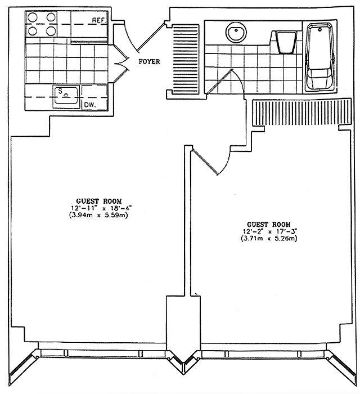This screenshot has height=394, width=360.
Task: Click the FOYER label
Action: point(149,61)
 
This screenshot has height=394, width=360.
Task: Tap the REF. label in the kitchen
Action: point(100,20)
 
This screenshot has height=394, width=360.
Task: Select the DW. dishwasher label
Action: point(90,106)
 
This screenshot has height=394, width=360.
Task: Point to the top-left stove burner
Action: point(33,17)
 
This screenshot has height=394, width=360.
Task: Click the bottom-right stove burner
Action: point(51,31)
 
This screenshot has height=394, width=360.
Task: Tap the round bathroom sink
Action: point(236,32)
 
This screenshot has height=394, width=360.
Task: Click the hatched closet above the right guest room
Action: point(301,112)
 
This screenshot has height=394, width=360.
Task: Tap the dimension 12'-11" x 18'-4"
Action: point(101,208)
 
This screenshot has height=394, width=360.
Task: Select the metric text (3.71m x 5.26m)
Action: point(269,239)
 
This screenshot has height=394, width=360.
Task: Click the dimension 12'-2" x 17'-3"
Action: point(269,231)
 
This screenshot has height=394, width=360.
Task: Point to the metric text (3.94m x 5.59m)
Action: point(99,216)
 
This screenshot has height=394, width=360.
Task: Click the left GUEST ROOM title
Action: point(99,201)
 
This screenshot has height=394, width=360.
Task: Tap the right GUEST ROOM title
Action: point(269,224)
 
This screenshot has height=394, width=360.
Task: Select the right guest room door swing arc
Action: point(227,162)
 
